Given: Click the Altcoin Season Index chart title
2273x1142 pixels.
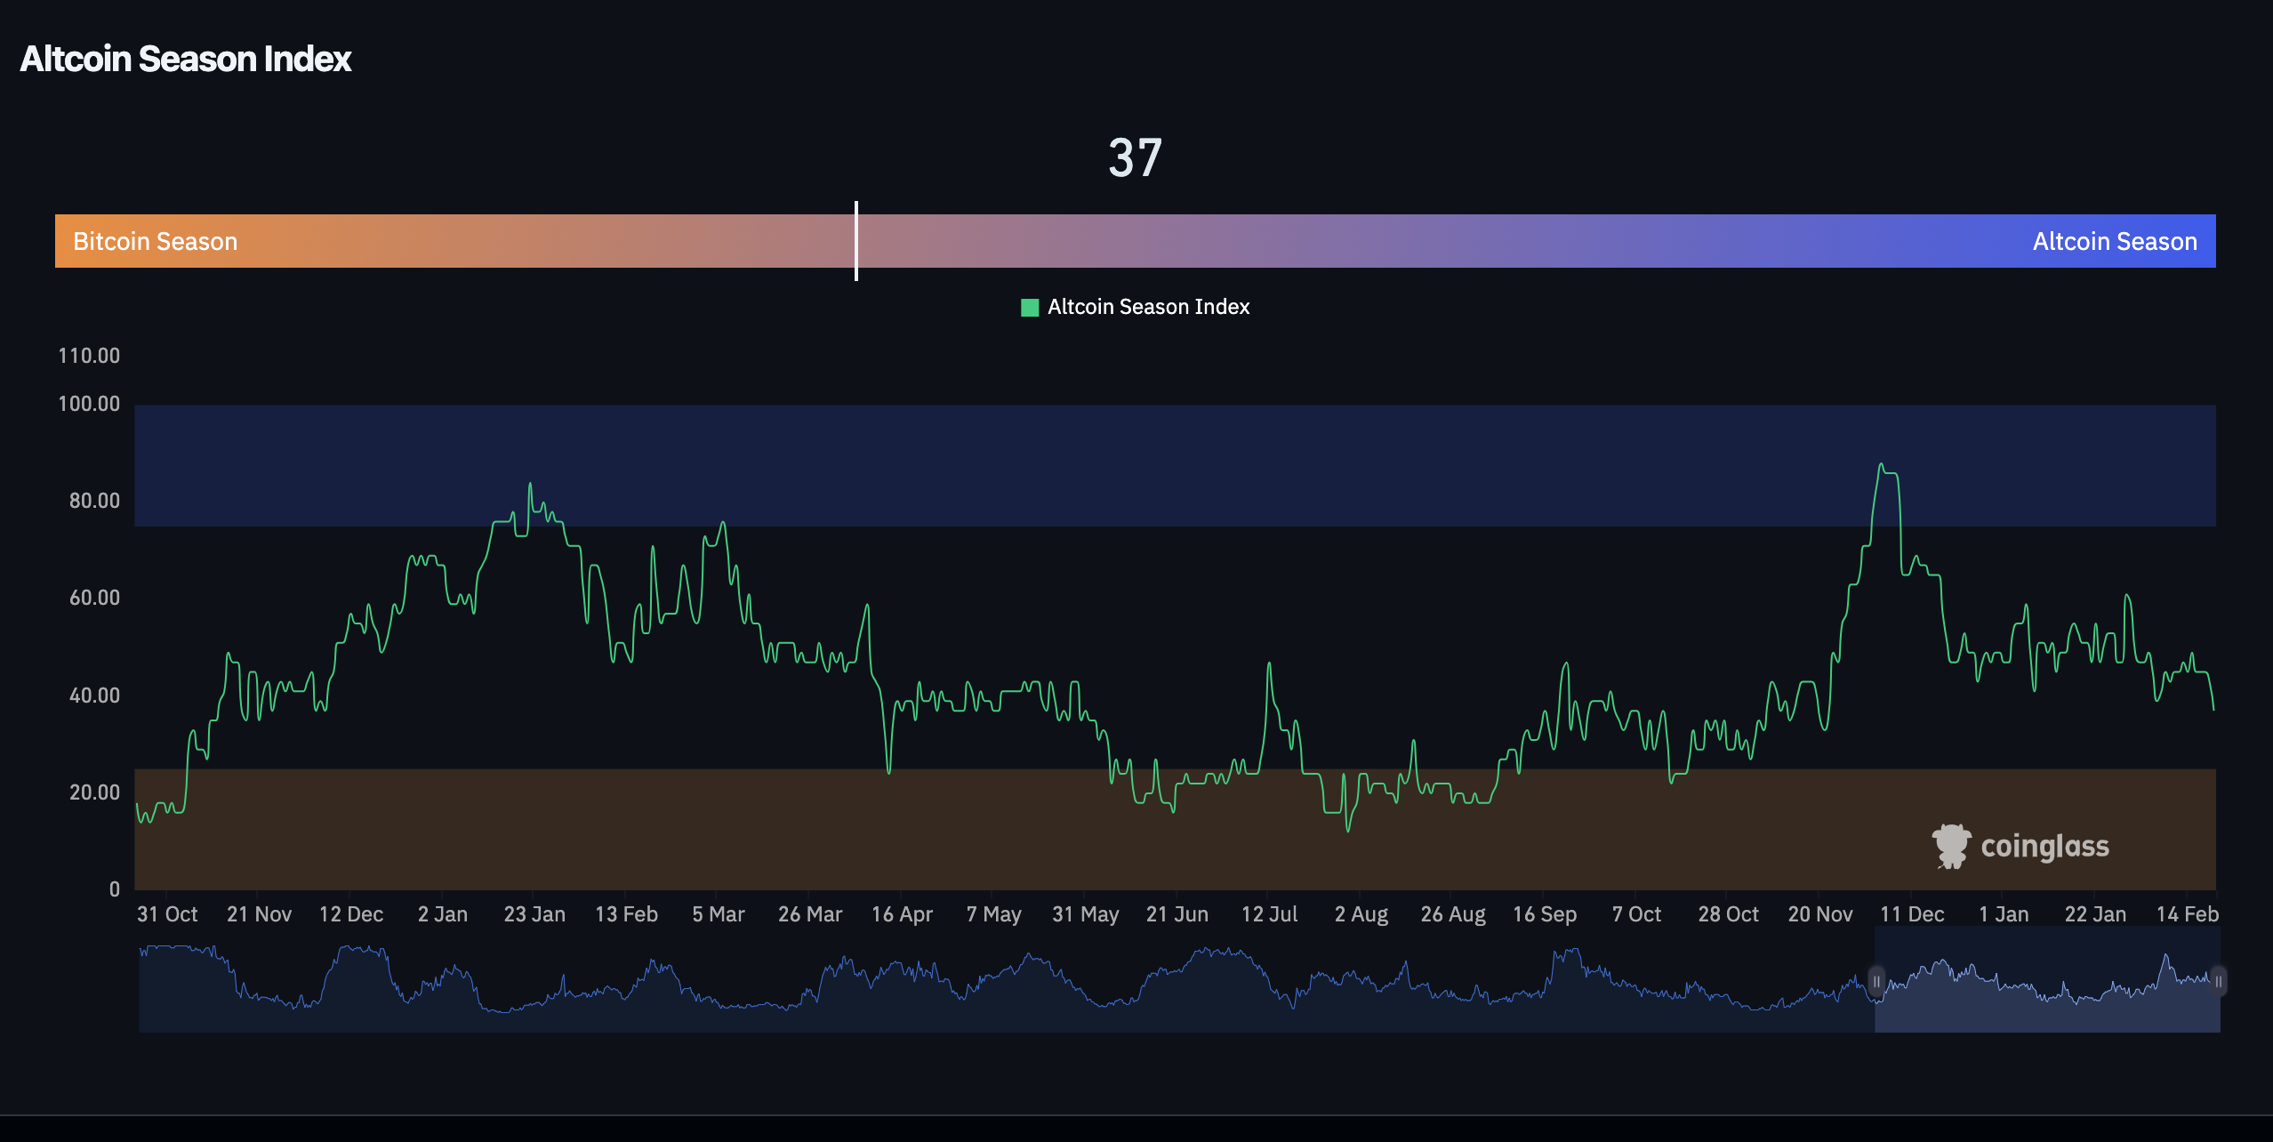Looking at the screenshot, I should coord(186,60).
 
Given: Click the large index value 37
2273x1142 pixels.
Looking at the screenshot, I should coord(1135,158).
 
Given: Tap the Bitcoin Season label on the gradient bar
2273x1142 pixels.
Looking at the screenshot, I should coord(155,242).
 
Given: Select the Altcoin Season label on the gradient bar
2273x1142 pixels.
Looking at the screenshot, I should coord(2114,242).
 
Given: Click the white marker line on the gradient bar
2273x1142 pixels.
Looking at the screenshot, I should coord(856,241).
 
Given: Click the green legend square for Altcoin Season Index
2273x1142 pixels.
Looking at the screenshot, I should coord(1030,308).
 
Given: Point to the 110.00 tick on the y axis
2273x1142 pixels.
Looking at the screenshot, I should coord(89,356).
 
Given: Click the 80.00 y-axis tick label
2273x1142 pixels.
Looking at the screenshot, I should coord(94,501).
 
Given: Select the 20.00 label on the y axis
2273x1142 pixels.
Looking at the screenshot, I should coord(94,792).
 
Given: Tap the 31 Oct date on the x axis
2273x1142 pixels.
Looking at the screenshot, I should coord(167,914).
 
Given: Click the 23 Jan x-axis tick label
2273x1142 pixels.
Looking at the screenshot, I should coord(534,914).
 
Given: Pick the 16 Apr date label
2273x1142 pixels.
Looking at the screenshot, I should coord(902,914).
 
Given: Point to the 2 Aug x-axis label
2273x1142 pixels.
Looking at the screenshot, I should coord(1361,914).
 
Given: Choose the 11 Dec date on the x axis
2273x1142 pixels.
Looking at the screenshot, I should coord(1912,914).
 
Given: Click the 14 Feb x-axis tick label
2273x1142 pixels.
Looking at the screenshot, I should coord(2187,914).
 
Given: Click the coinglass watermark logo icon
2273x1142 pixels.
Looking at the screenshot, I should coord(1951,846).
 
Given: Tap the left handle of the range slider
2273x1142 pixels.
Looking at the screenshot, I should coord(1876,982).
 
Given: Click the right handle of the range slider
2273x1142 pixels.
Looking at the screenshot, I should coord(2218,982).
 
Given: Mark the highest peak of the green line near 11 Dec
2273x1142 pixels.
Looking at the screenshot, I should coord(1881,464).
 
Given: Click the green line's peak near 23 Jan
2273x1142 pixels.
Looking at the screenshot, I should coord(530,484).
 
